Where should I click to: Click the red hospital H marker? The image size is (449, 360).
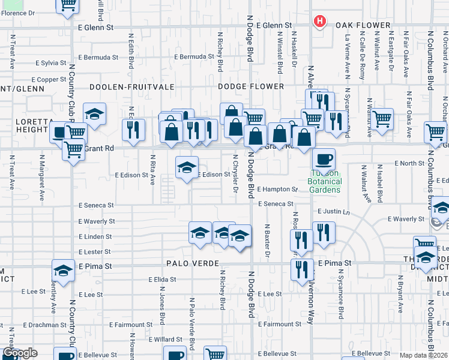coord(320,22)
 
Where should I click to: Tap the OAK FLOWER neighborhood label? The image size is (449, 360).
coord(363,25)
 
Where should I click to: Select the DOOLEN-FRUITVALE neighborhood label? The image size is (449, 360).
coord(126,86)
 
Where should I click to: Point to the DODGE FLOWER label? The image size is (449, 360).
coord(251,86)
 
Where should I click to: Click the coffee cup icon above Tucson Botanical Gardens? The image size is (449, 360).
coord(324,160)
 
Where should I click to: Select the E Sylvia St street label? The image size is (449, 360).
coord(50,62)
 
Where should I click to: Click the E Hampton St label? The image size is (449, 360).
coord(277,189)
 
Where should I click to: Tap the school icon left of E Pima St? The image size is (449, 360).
coord(63,271)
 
